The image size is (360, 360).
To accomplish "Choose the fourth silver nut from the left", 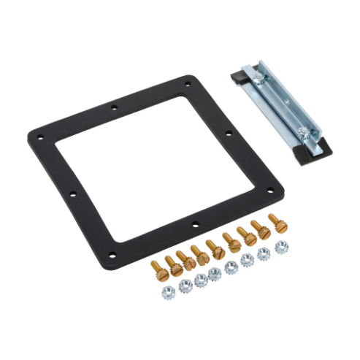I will tap(215, 273).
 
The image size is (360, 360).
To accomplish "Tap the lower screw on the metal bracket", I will tap(302, 131).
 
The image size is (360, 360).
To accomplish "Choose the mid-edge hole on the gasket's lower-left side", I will tap(72, 195).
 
